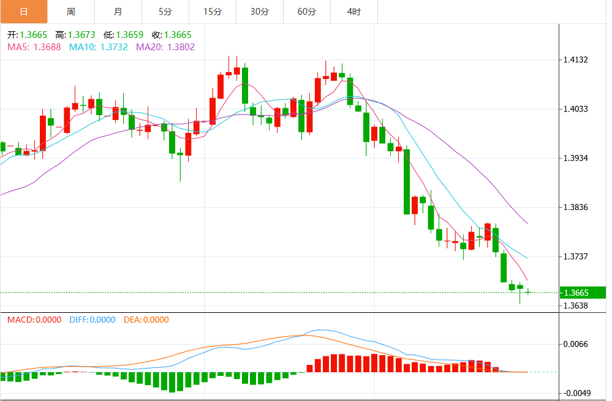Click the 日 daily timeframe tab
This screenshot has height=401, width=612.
pyautogui.click(x=23, y=12)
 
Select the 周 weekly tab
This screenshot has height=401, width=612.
pyautogui.click(x=70, y=12)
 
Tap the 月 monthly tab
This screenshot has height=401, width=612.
pyautogui.click(x=118, y=12)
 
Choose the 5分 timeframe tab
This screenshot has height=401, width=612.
pyautogui.click(x=165, y=12)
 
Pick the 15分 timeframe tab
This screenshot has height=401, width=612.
pyautogui.click(x=212, y=12)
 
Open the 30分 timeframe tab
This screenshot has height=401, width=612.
pyautogui.click(x=260, y=12)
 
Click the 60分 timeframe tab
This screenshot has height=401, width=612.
pyautogui.click(x=307, y=12)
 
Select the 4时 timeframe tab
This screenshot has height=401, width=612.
pyautogui.click(x=353, y=12)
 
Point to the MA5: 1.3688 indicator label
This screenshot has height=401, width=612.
pyautogui.click(x=34, y=47)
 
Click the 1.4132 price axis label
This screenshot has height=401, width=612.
pyautogui.click(x=575, y=60)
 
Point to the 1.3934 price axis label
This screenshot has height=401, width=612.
pyautogui.click(x=575, y=158)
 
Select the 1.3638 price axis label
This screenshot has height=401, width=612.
pyautogui.click(x=575, y=305)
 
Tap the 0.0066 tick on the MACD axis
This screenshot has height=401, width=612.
pyautogui.click(x=575, y=344)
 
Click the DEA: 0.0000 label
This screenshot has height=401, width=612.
pyautogui.click(x=146, y=320)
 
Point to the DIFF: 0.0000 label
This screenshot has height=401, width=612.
pyautogui.click(x=93, y=320)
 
